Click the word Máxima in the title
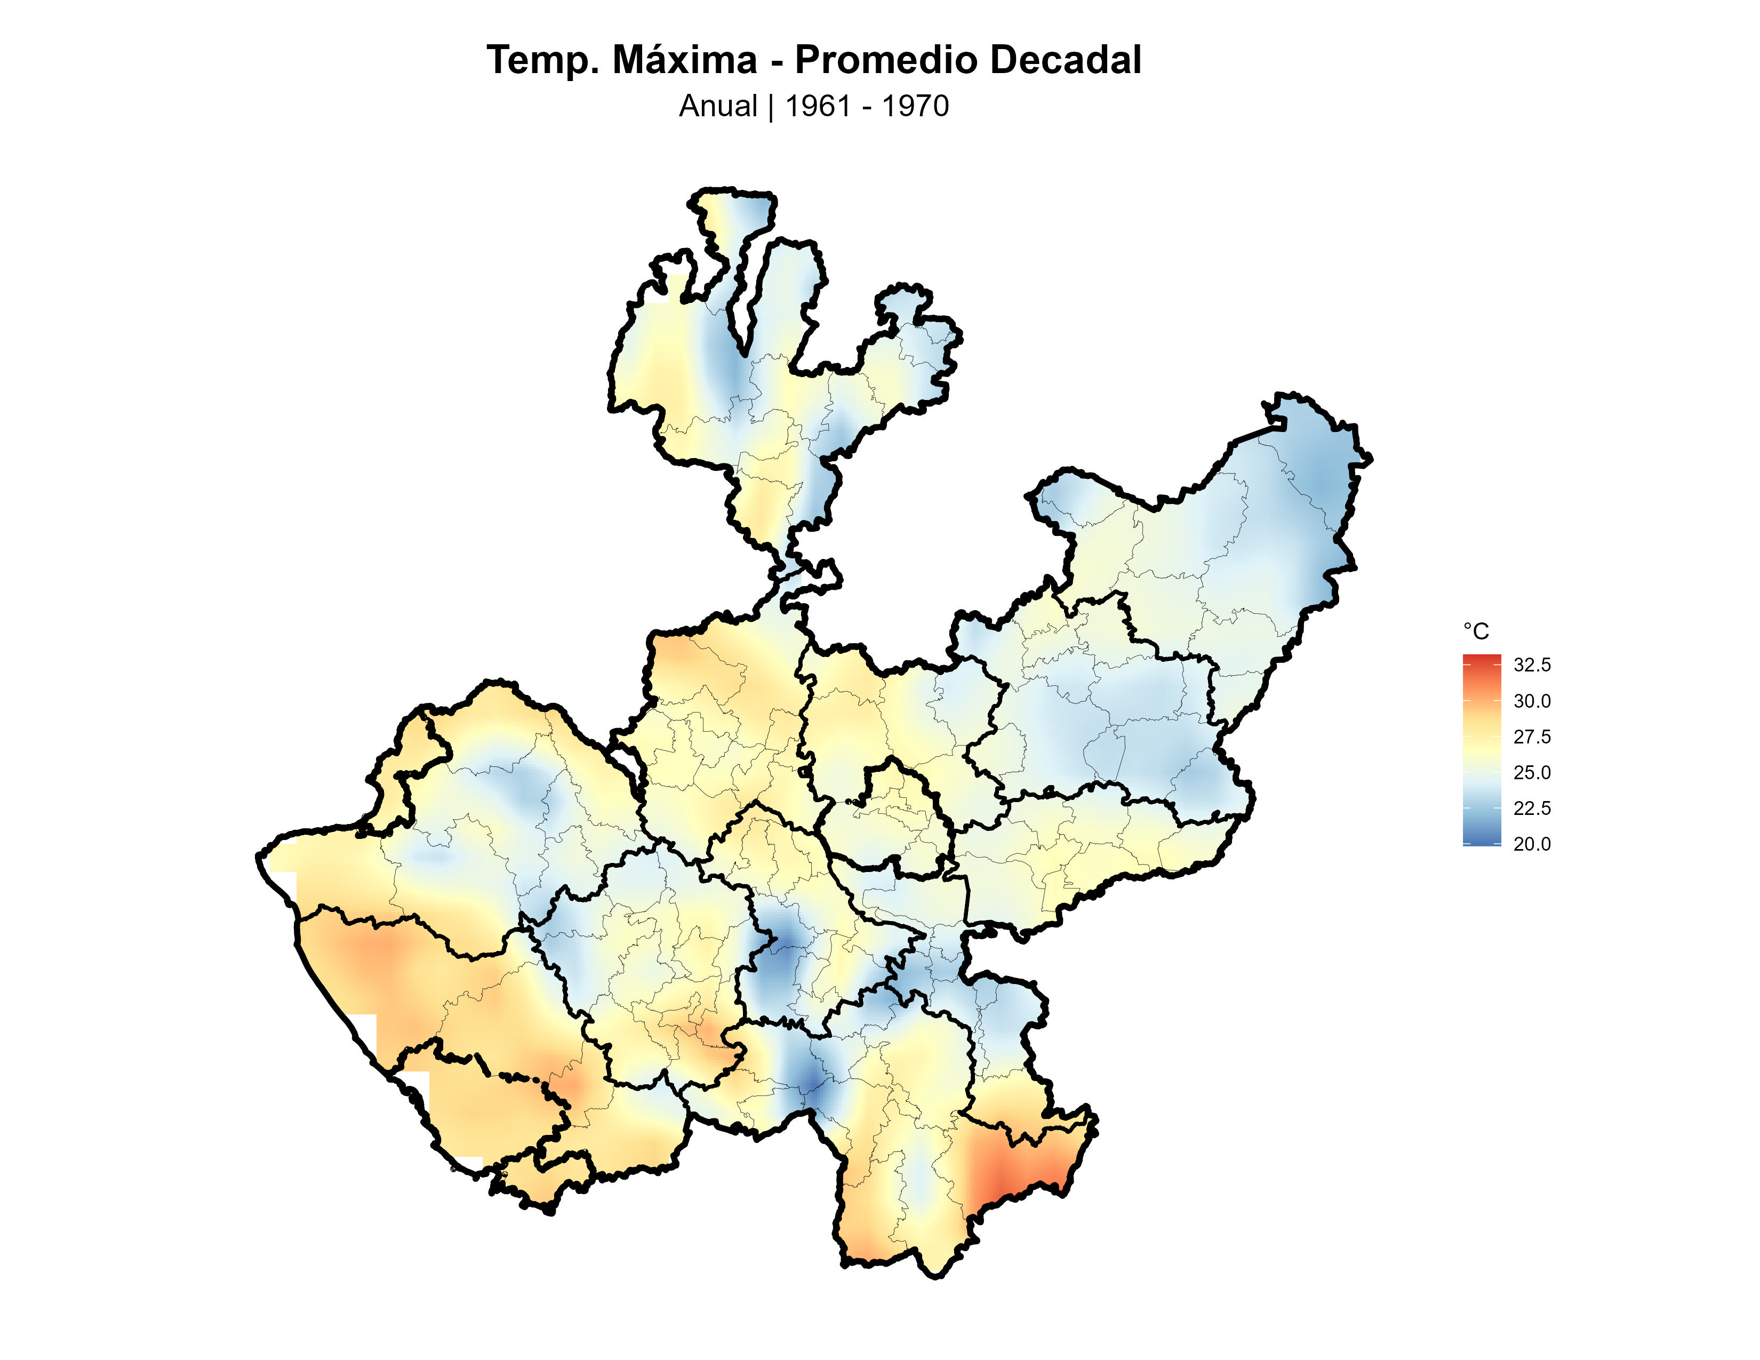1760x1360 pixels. point(684,60)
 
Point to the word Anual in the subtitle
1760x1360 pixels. point(718,106)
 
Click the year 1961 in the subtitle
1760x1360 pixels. point(818,106)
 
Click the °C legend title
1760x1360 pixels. point(1476,631)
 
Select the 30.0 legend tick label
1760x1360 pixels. point(1531,701)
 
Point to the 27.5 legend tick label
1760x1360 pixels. point(1531,737)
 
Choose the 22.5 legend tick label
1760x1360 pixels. point(1531,808)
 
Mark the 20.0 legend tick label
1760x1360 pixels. point(1531,844)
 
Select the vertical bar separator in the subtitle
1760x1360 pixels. point(771,106)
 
